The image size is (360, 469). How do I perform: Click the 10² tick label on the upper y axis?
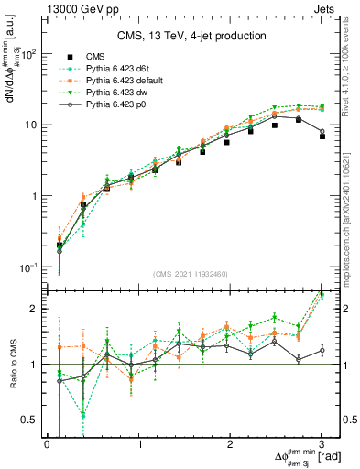[28, 53]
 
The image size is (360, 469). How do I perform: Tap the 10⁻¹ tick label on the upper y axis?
[28, 267]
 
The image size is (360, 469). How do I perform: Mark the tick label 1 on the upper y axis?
[34, 196]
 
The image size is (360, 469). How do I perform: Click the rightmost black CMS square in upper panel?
[322, 136]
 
